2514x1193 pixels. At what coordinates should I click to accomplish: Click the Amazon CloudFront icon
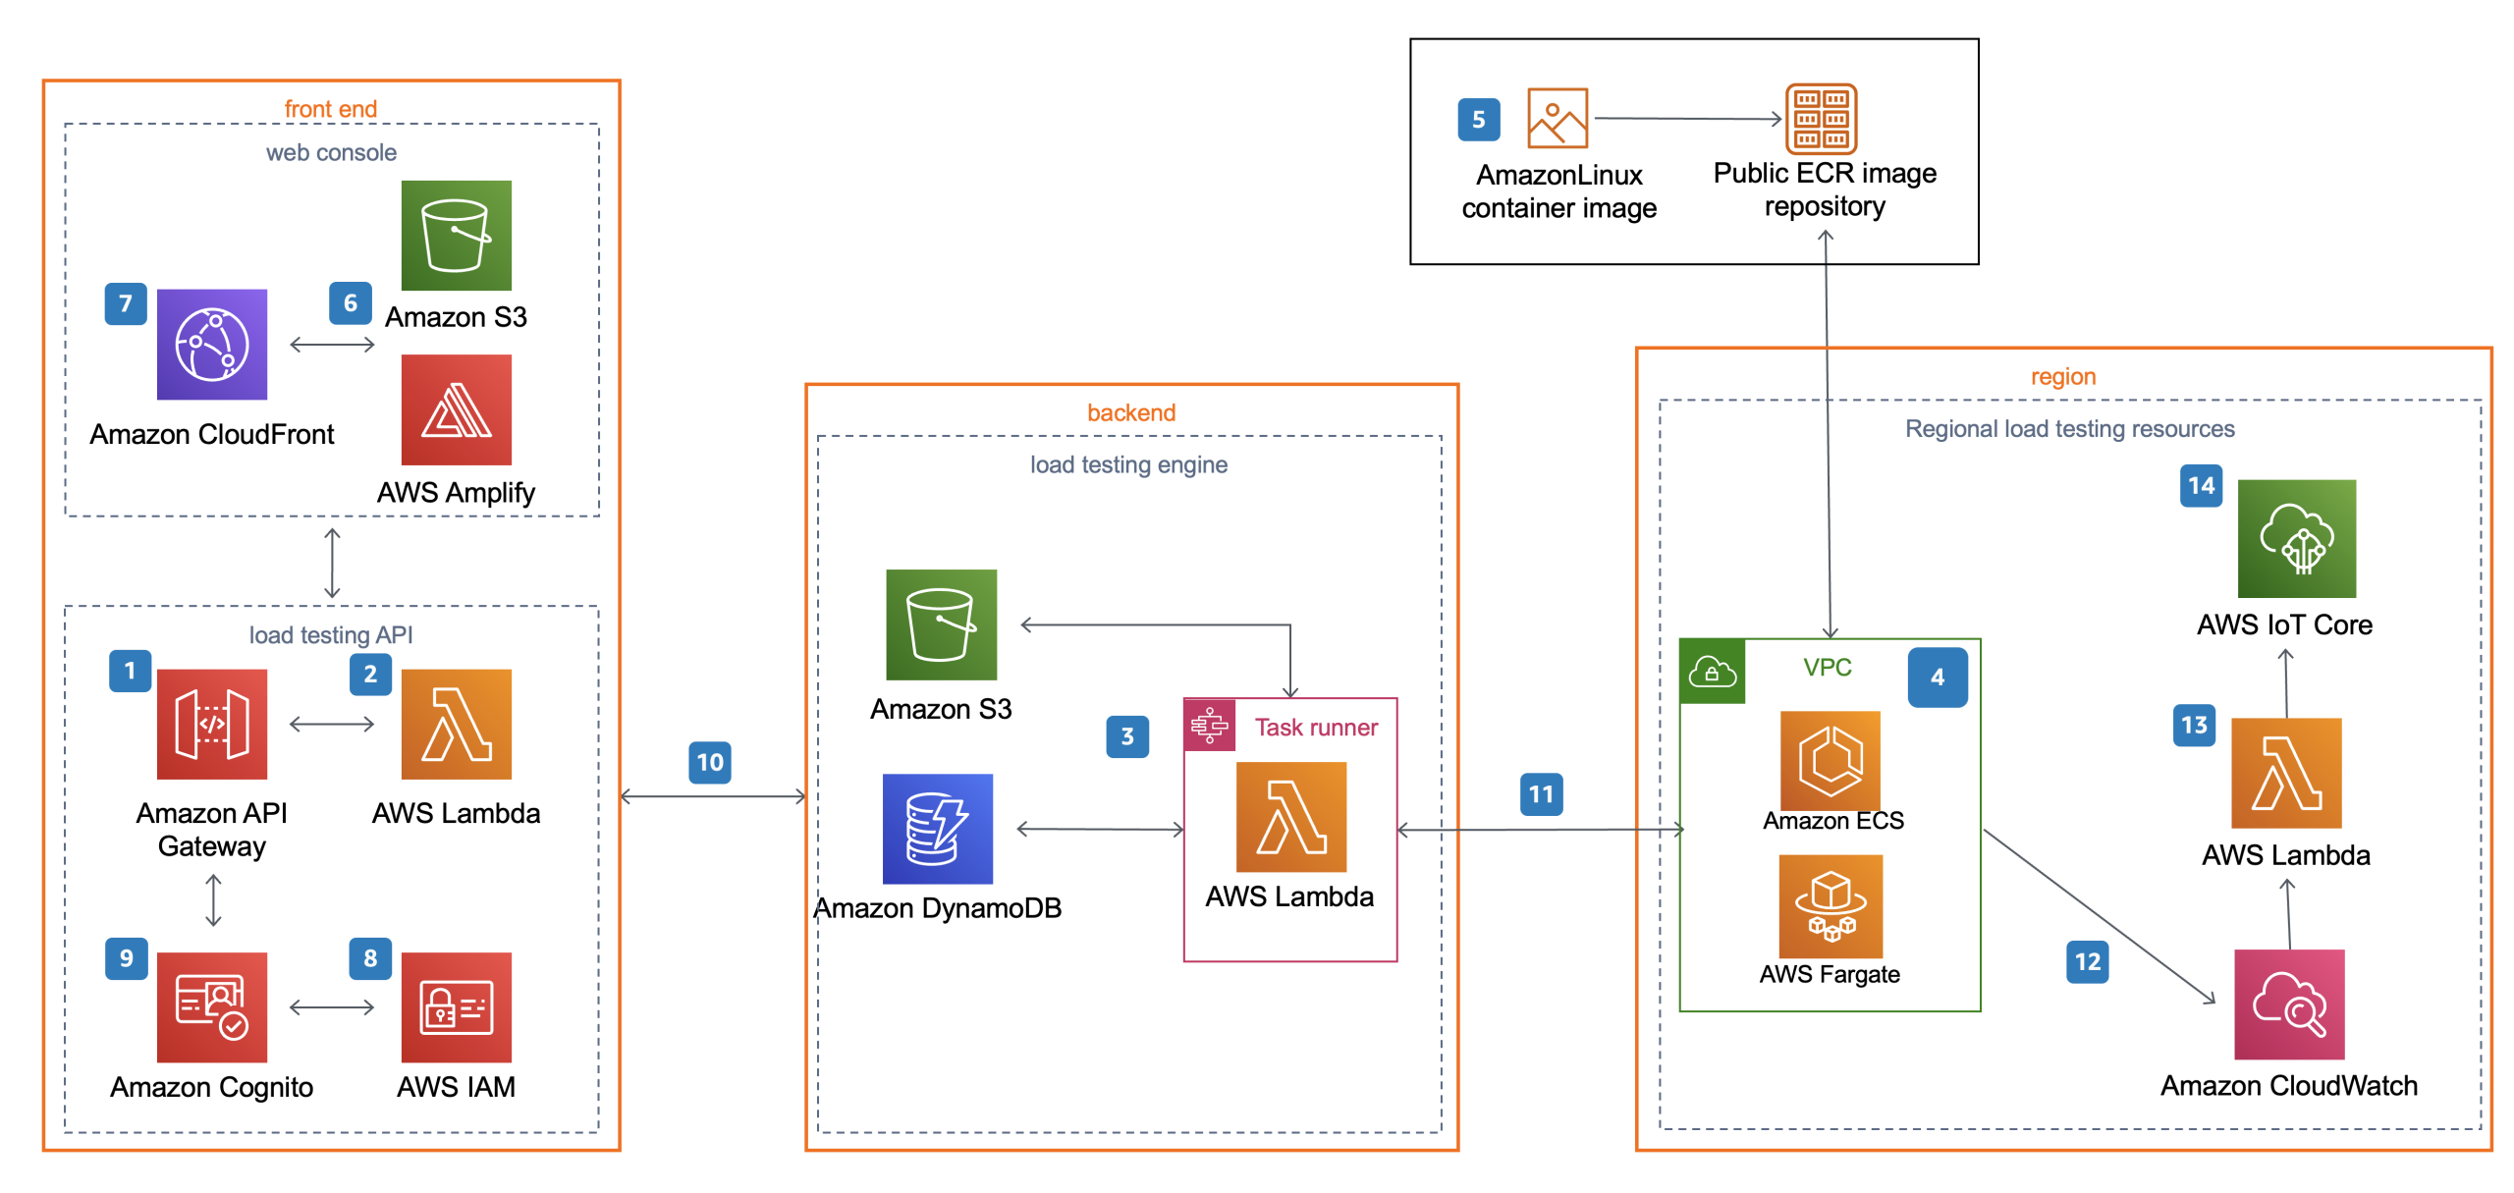(x=211, y=344)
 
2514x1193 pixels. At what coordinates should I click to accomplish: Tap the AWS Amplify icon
(x=456, y=409)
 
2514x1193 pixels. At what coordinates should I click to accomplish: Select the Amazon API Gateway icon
(x=211, y=724)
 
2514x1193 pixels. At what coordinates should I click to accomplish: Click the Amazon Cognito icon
(x=211, y=1006)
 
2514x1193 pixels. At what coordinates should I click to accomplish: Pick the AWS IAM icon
(x=456, y=1006)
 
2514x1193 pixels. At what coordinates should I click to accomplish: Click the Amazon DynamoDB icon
(x=937, y=829)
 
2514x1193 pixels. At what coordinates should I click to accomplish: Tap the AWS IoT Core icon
(x=2296, y=538)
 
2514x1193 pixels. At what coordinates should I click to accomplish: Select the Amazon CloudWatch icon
(x=2288, y=1003)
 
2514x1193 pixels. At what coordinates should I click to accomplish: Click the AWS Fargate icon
(x=1831, y=905)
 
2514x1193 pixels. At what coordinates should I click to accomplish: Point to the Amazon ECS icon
(x=1831, y=760)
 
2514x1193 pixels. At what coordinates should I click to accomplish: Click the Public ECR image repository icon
(x=1821, y=119)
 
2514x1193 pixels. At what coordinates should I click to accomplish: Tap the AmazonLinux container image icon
(x=1558, y=118)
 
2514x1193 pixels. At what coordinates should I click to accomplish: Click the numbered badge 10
(x=709, y=762)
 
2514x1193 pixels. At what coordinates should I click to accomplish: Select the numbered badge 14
(x=2201, y=486)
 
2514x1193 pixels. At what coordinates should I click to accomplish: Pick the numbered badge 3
(x=1127, y=736)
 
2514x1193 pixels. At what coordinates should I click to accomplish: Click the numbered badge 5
(x=1478, y=120)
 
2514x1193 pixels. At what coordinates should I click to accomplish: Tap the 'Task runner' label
(x=1316, y=728)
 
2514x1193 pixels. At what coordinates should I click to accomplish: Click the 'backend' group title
(x=1130, y=412)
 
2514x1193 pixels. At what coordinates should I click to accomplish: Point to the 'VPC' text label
(x=1827, y=668)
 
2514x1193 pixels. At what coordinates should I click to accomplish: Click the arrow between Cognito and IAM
(x=332, y=1006)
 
